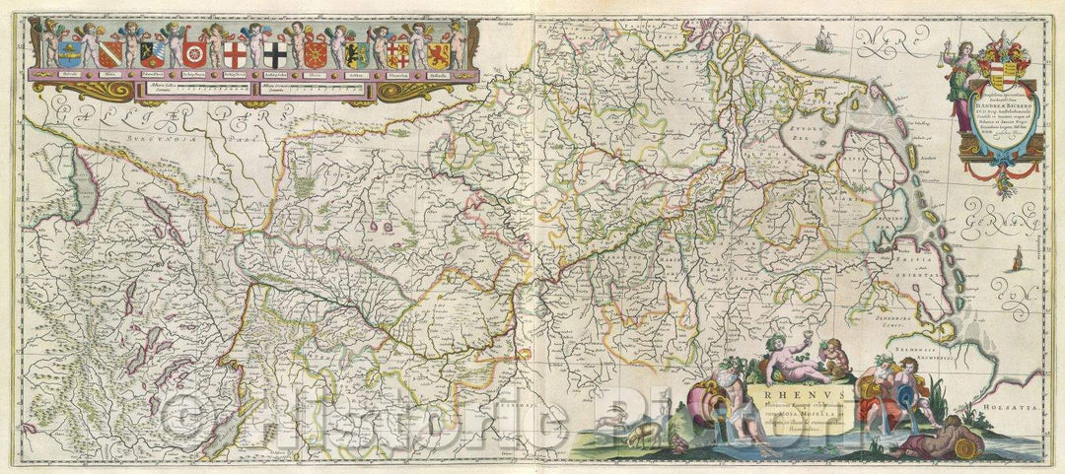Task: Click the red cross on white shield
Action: click(235, 53)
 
